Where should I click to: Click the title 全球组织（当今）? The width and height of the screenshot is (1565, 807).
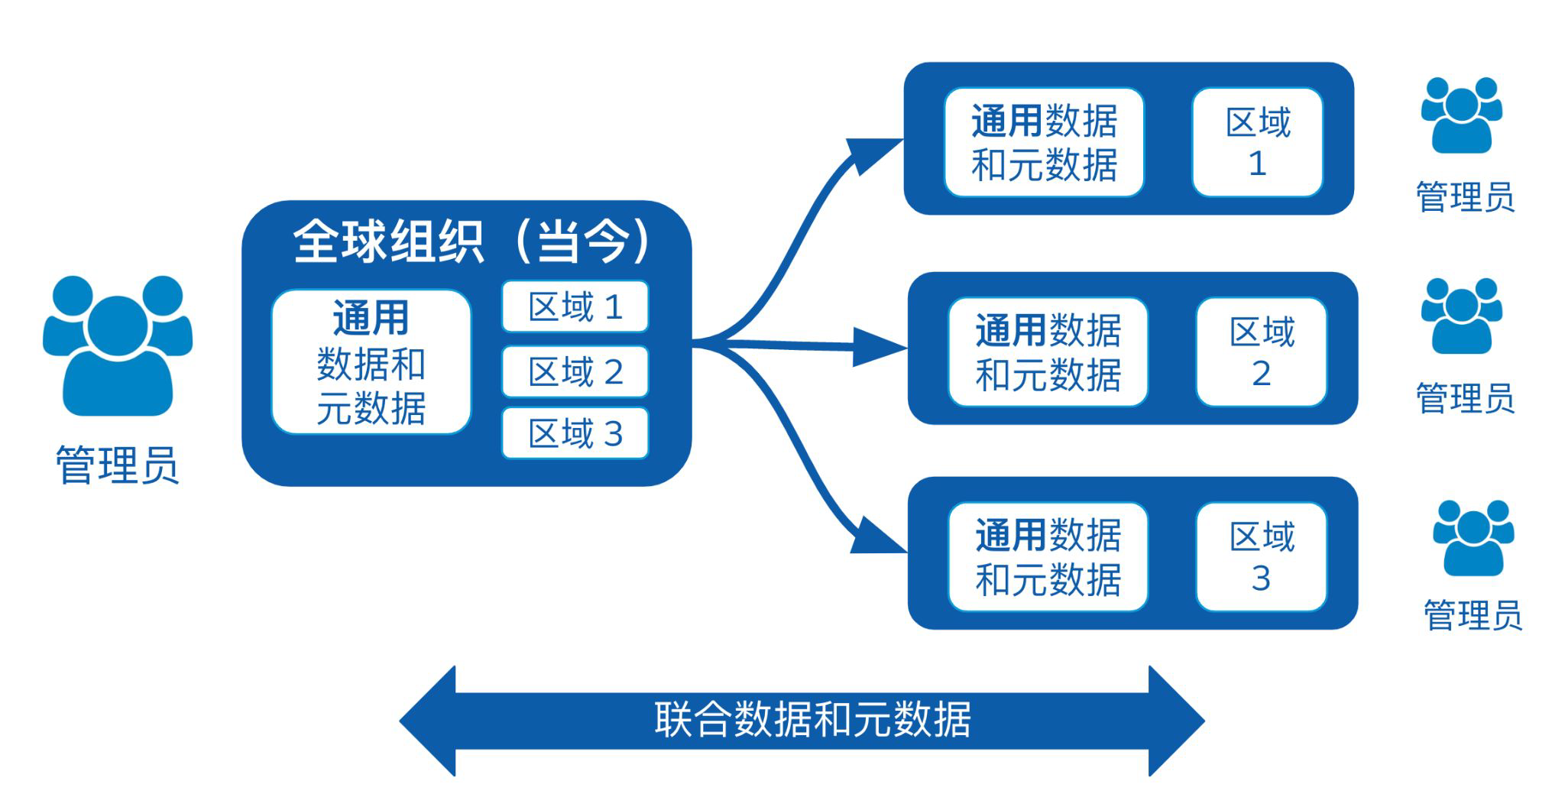point(471,242)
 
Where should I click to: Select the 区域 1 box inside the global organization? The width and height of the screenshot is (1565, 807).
point(575,306)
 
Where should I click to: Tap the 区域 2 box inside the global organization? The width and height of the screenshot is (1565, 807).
point(575,371)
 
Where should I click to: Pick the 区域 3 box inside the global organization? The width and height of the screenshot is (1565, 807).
point(575,433)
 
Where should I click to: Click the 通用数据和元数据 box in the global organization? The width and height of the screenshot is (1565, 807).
point(371,362)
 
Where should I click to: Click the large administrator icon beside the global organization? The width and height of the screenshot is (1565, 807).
point(117,345)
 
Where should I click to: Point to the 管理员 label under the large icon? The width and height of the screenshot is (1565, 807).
point(117,465)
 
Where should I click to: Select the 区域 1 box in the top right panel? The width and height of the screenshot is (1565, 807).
point(1258,142)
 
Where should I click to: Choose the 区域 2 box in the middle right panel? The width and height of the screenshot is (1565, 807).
point(1262,352)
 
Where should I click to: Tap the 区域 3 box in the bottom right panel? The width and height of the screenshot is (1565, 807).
point(1262,556)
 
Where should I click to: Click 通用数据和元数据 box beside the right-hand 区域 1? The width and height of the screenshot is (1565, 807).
point(1044,142)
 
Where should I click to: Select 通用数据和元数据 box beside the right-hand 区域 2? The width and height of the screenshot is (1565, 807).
point(1048,352)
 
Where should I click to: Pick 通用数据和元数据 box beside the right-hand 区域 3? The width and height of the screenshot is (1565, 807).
point(1048,556)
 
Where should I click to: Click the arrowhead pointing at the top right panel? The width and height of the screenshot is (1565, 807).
point(873,155)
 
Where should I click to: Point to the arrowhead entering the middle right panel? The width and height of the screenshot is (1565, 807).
point(879,348)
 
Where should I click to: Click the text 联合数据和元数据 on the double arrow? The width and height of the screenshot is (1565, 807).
point(812,719)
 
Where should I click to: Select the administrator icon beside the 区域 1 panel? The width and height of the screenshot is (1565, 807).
point(1461,115)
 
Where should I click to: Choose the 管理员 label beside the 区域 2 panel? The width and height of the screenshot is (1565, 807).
point(1465,398)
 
